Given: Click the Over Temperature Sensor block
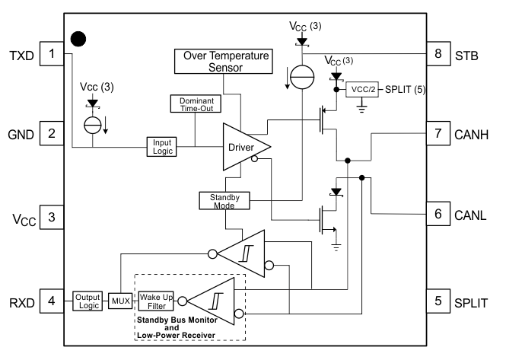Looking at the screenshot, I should [x=223, y=61].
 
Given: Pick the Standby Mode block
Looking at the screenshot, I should [x=219, y=200].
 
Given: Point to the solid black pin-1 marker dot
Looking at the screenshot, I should [x=78, y=37].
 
